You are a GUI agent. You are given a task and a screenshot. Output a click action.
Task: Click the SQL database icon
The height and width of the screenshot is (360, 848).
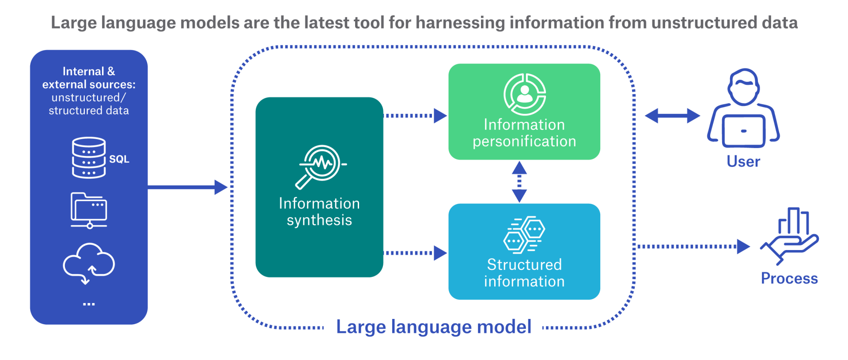pyautogui.click(x=89, y=158)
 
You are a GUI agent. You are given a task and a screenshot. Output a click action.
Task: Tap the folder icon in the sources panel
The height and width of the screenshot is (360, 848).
pyautogui.click(x=89, y=210)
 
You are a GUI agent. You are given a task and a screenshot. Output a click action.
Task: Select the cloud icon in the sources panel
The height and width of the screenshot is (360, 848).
pyautogui.click(x=89, y=263)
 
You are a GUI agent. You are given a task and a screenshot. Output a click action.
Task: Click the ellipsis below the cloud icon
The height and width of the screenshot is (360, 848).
pyautogui.click(x=89, y=304)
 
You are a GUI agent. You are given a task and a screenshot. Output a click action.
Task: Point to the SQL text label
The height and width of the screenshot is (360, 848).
pyautogui.click(x=119, y=159)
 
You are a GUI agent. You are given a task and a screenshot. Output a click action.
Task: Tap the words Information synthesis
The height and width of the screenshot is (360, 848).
pyautogui.click(x=319, y=212)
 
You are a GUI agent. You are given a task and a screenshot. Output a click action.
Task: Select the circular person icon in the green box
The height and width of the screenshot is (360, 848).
pyautogui.click(x=525, y=94)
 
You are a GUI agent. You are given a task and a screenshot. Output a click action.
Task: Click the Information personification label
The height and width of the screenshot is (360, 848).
pyautogui.click(x=524, y=133)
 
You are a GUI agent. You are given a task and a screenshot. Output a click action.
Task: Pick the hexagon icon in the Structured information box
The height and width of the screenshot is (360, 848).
pyautogui.click(x=524, y=235)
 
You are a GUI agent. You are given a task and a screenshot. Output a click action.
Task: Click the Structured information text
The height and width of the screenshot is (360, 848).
pyautogui.click(x=524, y=273)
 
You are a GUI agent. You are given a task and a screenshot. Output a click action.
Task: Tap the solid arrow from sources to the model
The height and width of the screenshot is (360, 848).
pyautogui.click(x=187, y=187)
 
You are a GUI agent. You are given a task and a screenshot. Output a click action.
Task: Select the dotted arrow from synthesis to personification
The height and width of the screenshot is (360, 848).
pyautogui.click(x=415, y=116)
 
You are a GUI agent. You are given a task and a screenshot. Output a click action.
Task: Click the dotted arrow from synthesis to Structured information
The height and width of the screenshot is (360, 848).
pyautogui.click(x=415, y=253)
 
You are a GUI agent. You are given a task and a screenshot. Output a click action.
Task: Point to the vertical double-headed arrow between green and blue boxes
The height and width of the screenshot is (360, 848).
pyautogui.click(x=519, y=182)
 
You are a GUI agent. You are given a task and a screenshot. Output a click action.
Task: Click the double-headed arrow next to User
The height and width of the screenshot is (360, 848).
pyautogui.click(x=672, y=116)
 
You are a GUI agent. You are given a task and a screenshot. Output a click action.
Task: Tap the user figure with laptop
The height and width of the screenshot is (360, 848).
pyautogui.click(x=744, y=109)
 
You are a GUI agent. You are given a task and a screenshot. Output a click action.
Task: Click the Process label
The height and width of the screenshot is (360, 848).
pyautogui.click(x=789, y=278)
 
